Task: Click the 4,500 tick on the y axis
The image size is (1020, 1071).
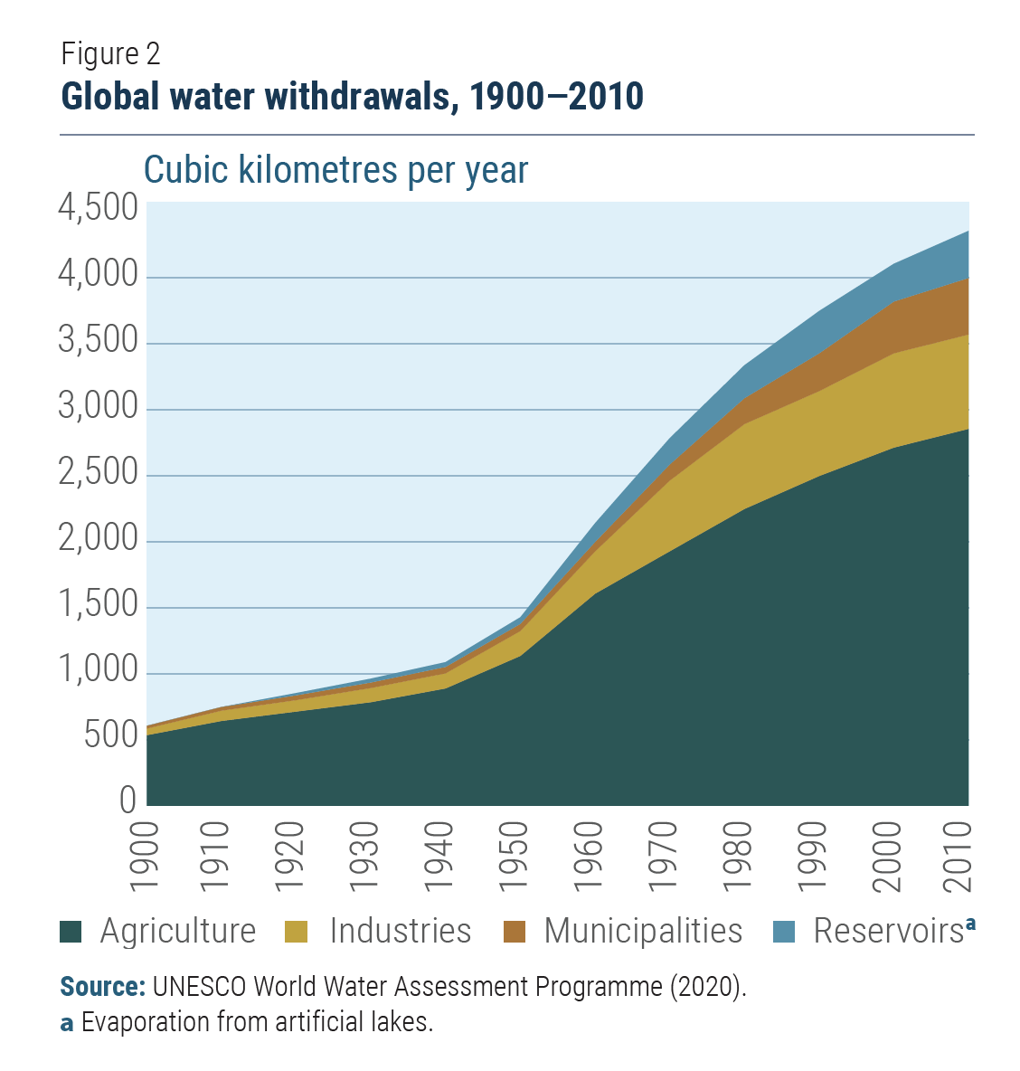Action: pyautogui.click(x=98, y=209)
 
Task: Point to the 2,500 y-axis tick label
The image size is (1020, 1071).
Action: pyautogui.click(x=98, y=473)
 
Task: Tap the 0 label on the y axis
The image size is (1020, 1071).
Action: pyautogui.click(x=127, y=800)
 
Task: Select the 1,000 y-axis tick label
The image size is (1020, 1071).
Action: pyautogui.click(x=98, y=671)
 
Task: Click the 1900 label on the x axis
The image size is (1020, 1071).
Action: pyautogui.click(x=145, y=857)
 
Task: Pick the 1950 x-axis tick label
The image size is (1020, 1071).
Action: pyautogui.click(x=513, y=857)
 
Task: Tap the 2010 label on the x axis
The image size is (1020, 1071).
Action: pyautogui.click(x=956, y=857)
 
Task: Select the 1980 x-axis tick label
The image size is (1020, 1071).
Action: pyautogui.click(x=735, y=857)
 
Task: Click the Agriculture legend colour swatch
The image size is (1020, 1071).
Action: pyautogui.click(x=71, y=932)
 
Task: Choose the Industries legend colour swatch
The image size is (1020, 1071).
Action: pyautogui.click(x=296, y=932)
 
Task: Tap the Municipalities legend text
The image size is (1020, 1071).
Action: pyautogui.click(x=643, y=931)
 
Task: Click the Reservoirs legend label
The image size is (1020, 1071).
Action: pyautogui.click(x=888, y=931)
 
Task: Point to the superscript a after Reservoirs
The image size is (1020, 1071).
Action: pyautogui.click(x=970, y=924)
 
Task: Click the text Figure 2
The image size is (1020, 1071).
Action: pyautogui.click(x=110, y=54)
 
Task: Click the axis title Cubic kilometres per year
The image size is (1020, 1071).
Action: pyautogui.click(x=335, y=170)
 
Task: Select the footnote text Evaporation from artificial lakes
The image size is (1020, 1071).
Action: pyautogui.click(x=257, y=1022)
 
